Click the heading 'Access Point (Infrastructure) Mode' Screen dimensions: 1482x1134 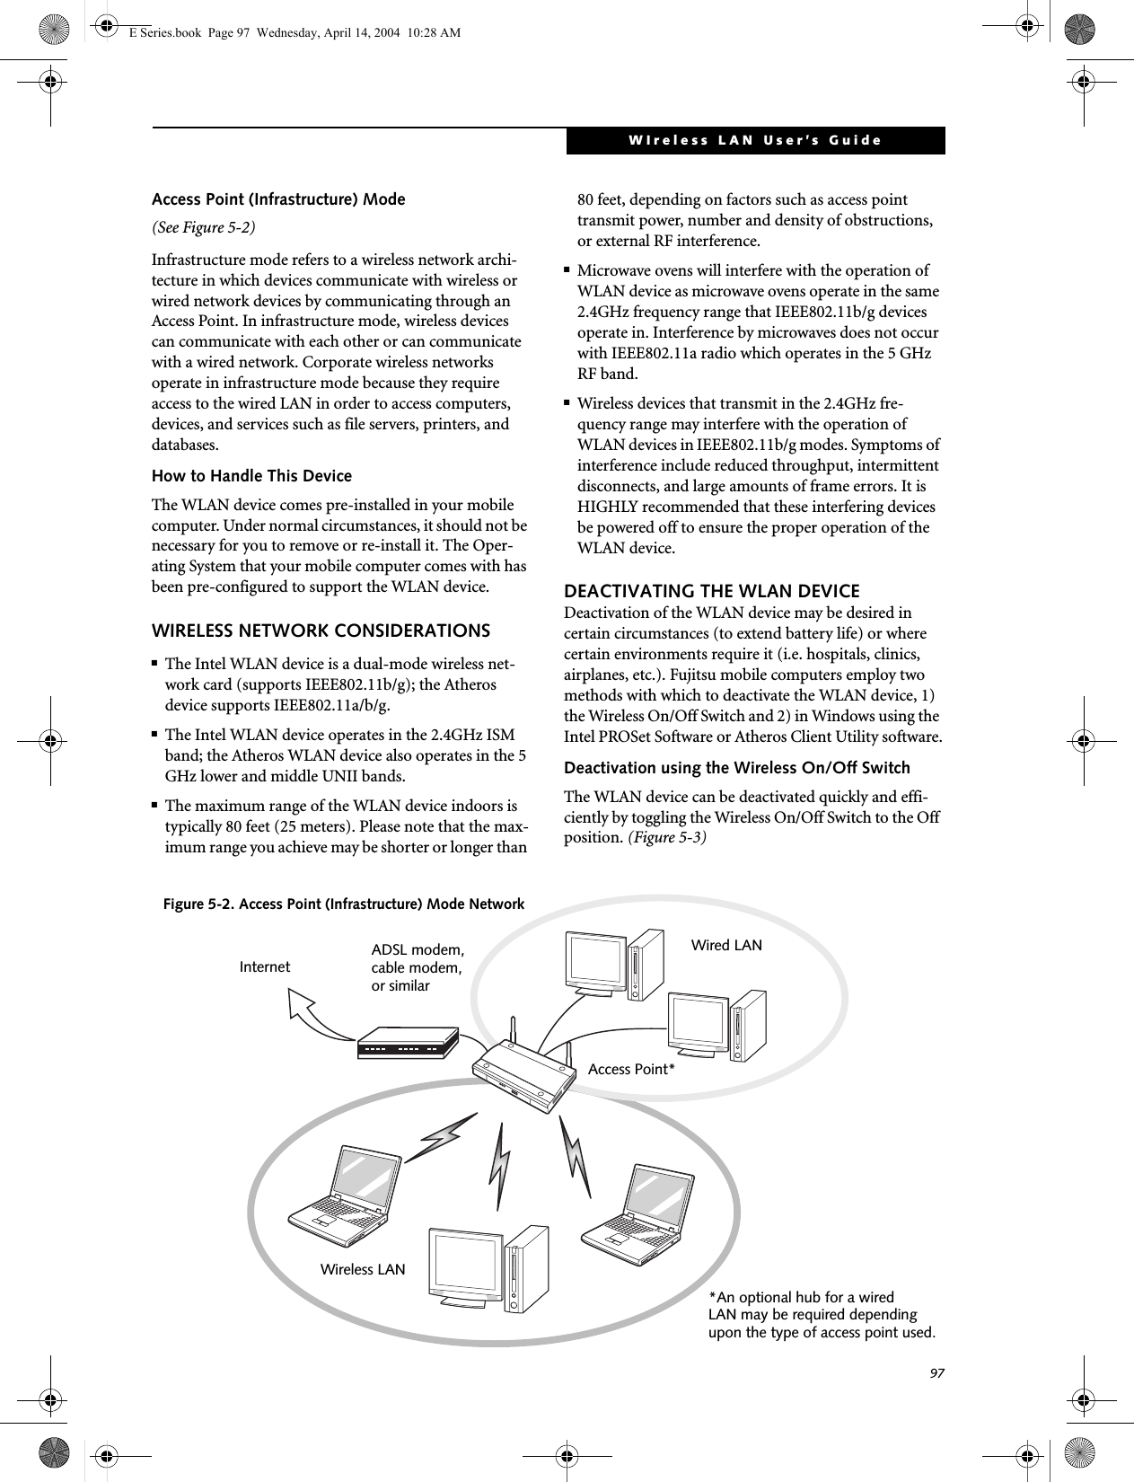click(278, 199)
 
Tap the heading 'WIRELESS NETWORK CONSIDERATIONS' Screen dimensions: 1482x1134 click(321, 631)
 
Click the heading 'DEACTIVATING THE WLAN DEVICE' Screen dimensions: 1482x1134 click(711, 591)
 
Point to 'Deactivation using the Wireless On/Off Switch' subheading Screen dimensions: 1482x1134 click(736, 768)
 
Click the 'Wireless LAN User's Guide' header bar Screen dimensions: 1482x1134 click(754, 141)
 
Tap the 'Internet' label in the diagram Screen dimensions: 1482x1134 click(265, 967)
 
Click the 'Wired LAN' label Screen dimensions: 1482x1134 click(725, 945)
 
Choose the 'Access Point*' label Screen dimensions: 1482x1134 click(630, 1069)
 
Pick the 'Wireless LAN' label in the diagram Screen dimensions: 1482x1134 click(363, 1270)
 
